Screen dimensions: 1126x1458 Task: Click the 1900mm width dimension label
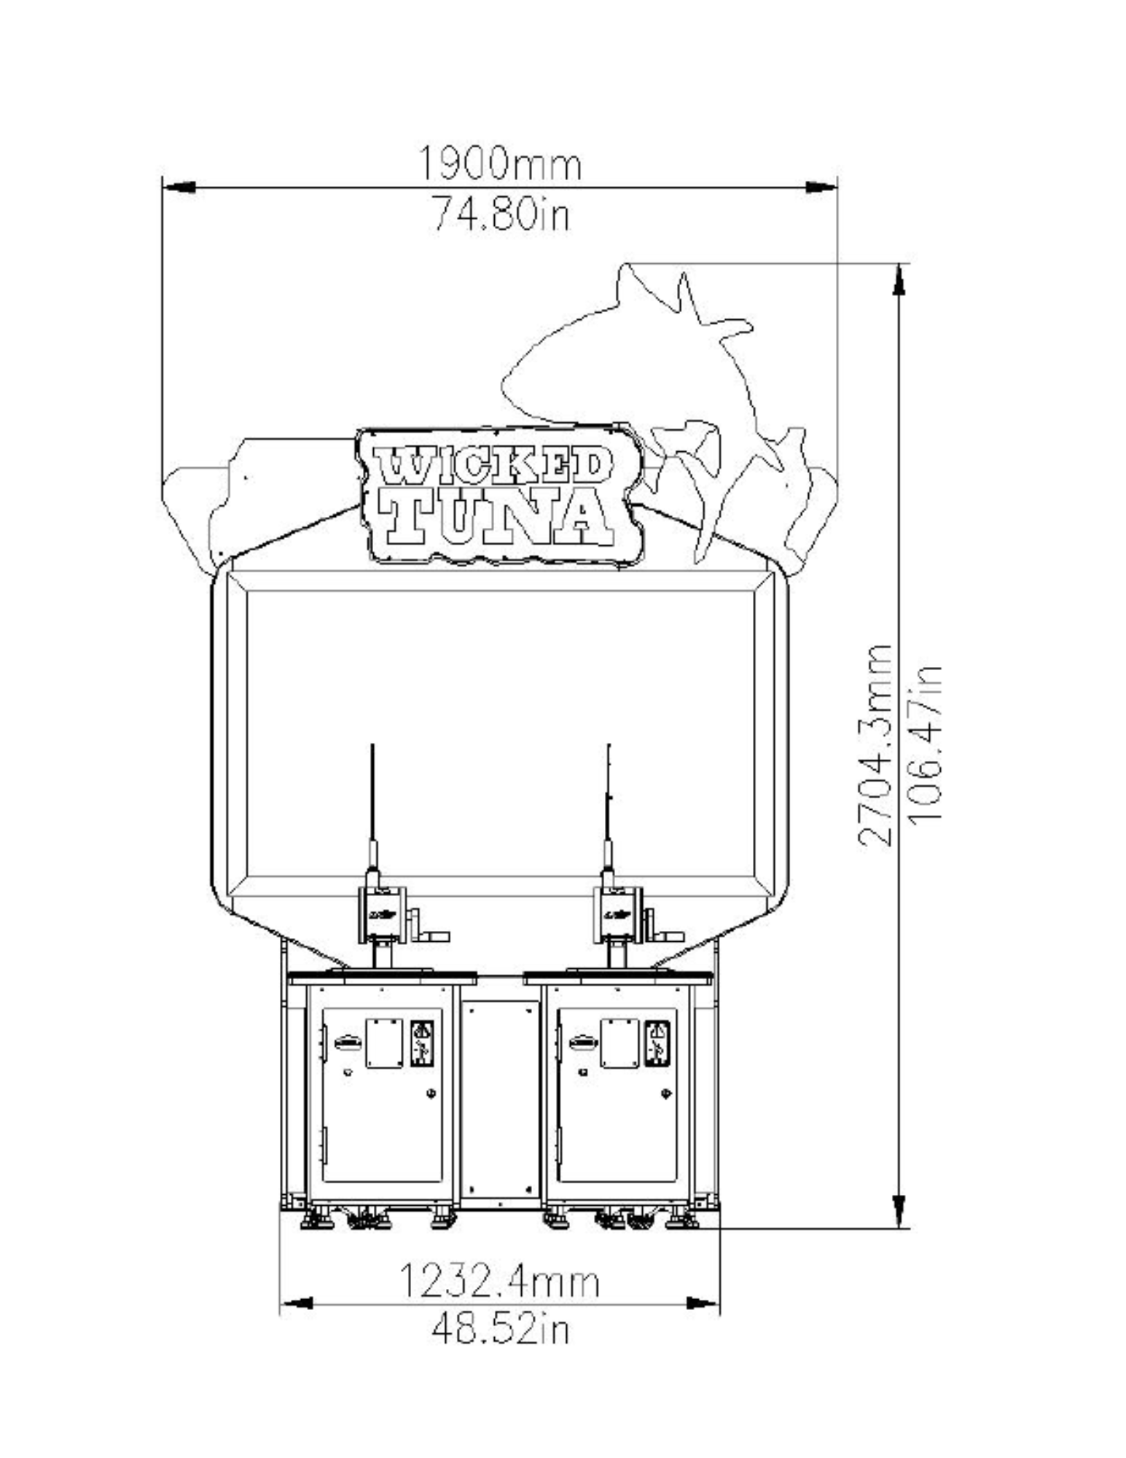500,164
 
